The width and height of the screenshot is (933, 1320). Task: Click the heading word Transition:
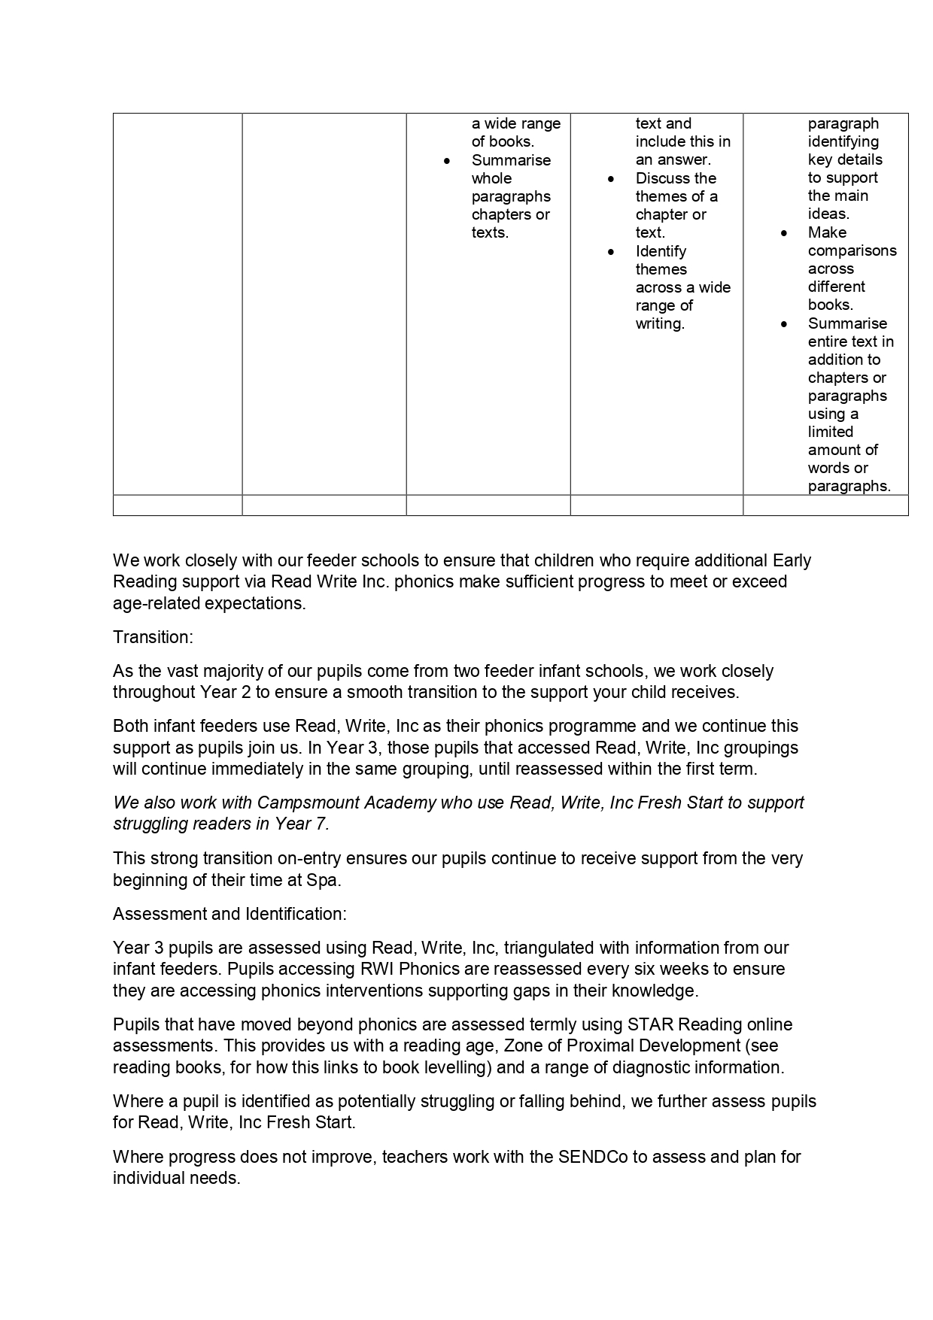(x=153, y=637)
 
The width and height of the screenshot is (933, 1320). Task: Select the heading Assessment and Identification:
(x=229, y=914)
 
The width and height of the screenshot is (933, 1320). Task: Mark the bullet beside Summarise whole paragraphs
(x=448, y=161)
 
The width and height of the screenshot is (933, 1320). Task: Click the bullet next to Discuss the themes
(x=611, y=179)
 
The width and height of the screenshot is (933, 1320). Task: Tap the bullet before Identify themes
(x=611, y=252)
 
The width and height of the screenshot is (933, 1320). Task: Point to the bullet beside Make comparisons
(x=784, y=233)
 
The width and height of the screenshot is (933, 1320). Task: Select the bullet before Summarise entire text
(x=784, y=324)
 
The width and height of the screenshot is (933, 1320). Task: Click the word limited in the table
(x=830, y=432)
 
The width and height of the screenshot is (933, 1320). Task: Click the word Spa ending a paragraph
(x=322, y=880)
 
